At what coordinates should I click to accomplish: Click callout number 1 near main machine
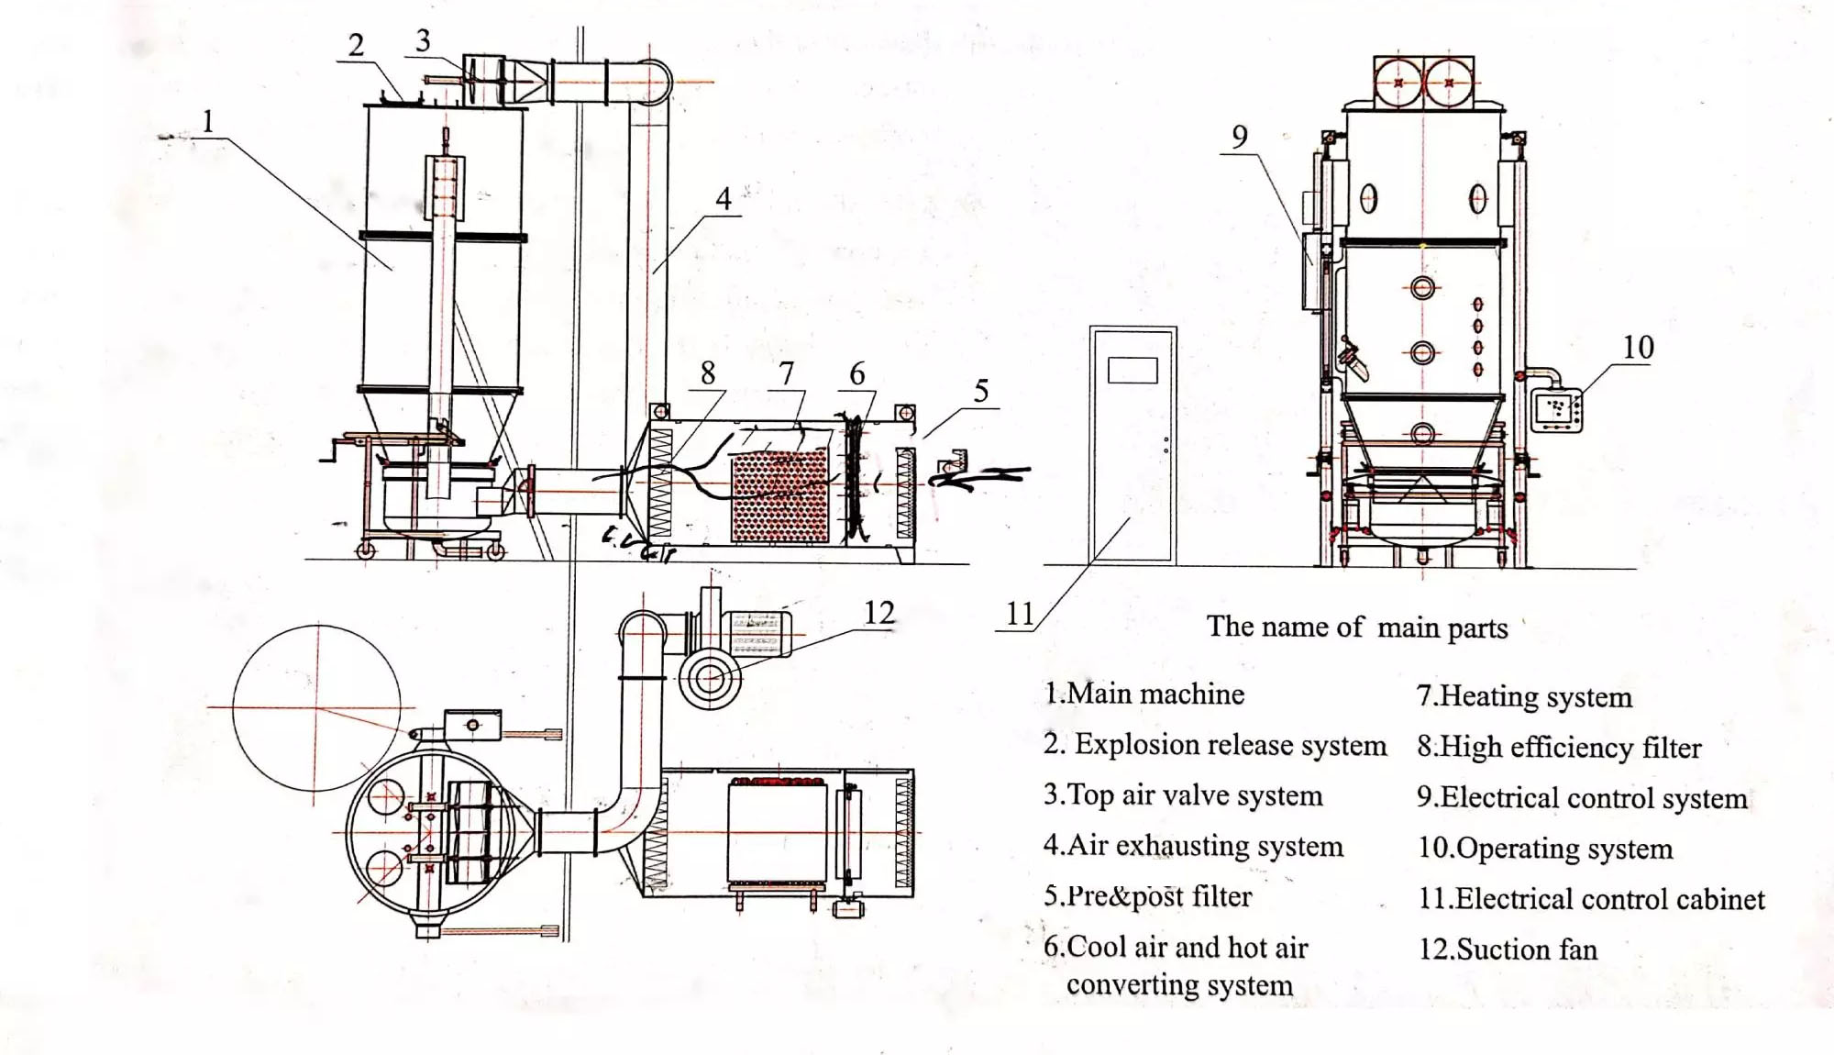pyautogui.click(x=208, y=121)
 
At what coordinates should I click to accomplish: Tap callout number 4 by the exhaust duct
pyautogui.click(x=724, y=198)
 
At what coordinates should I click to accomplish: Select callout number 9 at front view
pyautogui.click(x=1239, y=137)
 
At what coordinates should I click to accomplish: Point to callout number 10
pyautogui.click(x=1638, y=348)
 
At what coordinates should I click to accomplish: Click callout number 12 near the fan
pyautogui.click(x=878, y=613)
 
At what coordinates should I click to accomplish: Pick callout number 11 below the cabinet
pyautogui.click(x=1020, y=614)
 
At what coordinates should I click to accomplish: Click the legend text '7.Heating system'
pyautogui.click(x=1524, y=696)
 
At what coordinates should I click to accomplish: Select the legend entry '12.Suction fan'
pyautogui.click(x=1508, y=949)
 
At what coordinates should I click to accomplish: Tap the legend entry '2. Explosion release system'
pyautogui.click(x=1215, y=745)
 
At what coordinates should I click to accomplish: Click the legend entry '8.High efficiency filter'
pyautogui.click(x=1559, y=747)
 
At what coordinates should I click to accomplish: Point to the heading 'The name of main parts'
pyautogui.click(x=1357, y=627)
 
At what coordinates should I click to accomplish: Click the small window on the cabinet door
pyautogui.click(x=1132, y=370)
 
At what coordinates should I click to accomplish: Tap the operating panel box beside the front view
pyautogui.click(x=1557, y=409)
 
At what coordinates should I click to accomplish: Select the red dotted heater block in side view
pyautogui.click(x=780, y=496)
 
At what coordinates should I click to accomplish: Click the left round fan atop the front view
pyautogui.click(x=1398, y=83)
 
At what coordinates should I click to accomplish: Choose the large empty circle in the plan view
pyautogui.click(x=316, y=707)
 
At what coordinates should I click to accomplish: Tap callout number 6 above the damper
pyautogui.click(x=857, y=373)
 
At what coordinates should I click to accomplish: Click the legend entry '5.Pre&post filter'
pyautogui.click(x=1148, y=896)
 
